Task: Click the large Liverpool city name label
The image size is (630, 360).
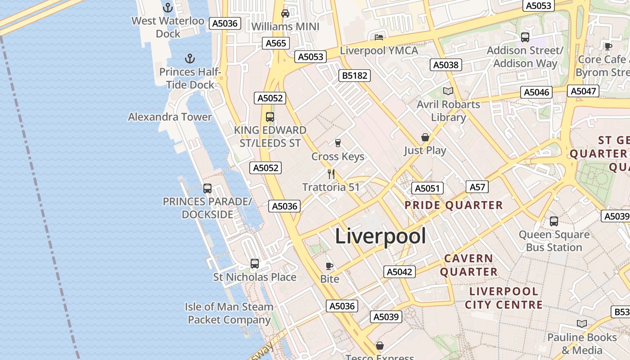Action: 380,236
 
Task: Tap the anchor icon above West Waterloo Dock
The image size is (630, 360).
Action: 168,8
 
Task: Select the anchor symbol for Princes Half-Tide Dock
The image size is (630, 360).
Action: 190,58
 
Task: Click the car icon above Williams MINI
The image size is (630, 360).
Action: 285,13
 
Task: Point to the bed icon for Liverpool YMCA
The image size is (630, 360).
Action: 379,37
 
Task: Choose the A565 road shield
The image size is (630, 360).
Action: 276,43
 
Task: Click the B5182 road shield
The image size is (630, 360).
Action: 355,76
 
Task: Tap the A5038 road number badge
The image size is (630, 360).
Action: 445,65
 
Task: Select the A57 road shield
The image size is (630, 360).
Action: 477,187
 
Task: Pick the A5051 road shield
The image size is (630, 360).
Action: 427,188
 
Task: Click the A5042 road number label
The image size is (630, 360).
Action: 400,272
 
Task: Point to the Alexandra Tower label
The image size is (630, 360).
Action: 170,117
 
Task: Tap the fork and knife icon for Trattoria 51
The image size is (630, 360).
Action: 331,174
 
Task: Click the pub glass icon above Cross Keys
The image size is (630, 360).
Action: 337,143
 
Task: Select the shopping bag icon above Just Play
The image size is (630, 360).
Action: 425,137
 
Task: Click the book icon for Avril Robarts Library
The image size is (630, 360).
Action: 448,91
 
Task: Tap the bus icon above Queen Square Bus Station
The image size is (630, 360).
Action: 554,221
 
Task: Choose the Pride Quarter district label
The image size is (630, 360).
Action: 454,206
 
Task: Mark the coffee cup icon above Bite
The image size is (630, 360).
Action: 329,266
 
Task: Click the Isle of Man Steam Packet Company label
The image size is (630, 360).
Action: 229,313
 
